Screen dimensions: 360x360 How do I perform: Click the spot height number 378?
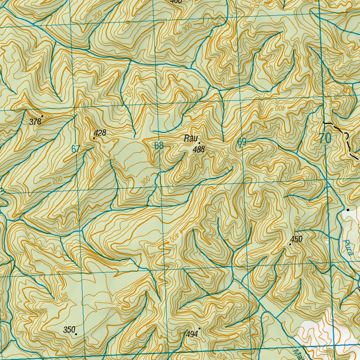pyautogui.click(x=36, y=122)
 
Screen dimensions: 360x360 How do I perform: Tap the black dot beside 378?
pyautogui.click(x=42, y=116)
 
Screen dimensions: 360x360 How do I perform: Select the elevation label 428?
pyautogui.click(x=100, y=133)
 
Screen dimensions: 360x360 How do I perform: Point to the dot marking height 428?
pyautogui.click(x=94, y=138)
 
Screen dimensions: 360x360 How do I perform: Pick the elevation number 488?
pyautogui.click(x=199, y=149)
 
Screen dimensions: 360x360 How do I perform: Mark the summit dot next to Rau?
pyautogui.click(x=199, y=143)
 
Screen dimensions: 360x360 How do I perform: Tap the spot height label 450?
pyautogui.click(x=296, y=239)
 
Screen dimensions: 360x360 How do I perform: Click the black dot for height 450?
pyautogui.click(x=290, y=244)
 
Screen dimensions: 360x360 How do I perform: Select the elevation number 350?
pyautogui.click(x=69, y=330)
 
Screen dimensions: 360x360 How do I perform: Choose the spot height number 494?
pyautogui.click(x=192, y=334)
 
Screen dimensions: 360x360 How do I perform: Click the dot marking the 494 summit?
pyautogui.click(x=199, y=328)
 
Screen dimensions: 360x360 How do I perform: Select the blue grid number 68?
pyautogui.click(x=159, y=146)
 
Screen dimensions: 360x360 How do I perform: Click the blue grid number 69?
pyautogui.click(x=242, y=142)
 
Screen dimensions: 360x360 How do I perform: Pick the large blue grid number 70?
pyautogui.click(x=325, y=138)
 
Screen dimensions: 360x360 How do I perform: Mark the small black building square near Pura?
pyautogui.click(x=348, y=210)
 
